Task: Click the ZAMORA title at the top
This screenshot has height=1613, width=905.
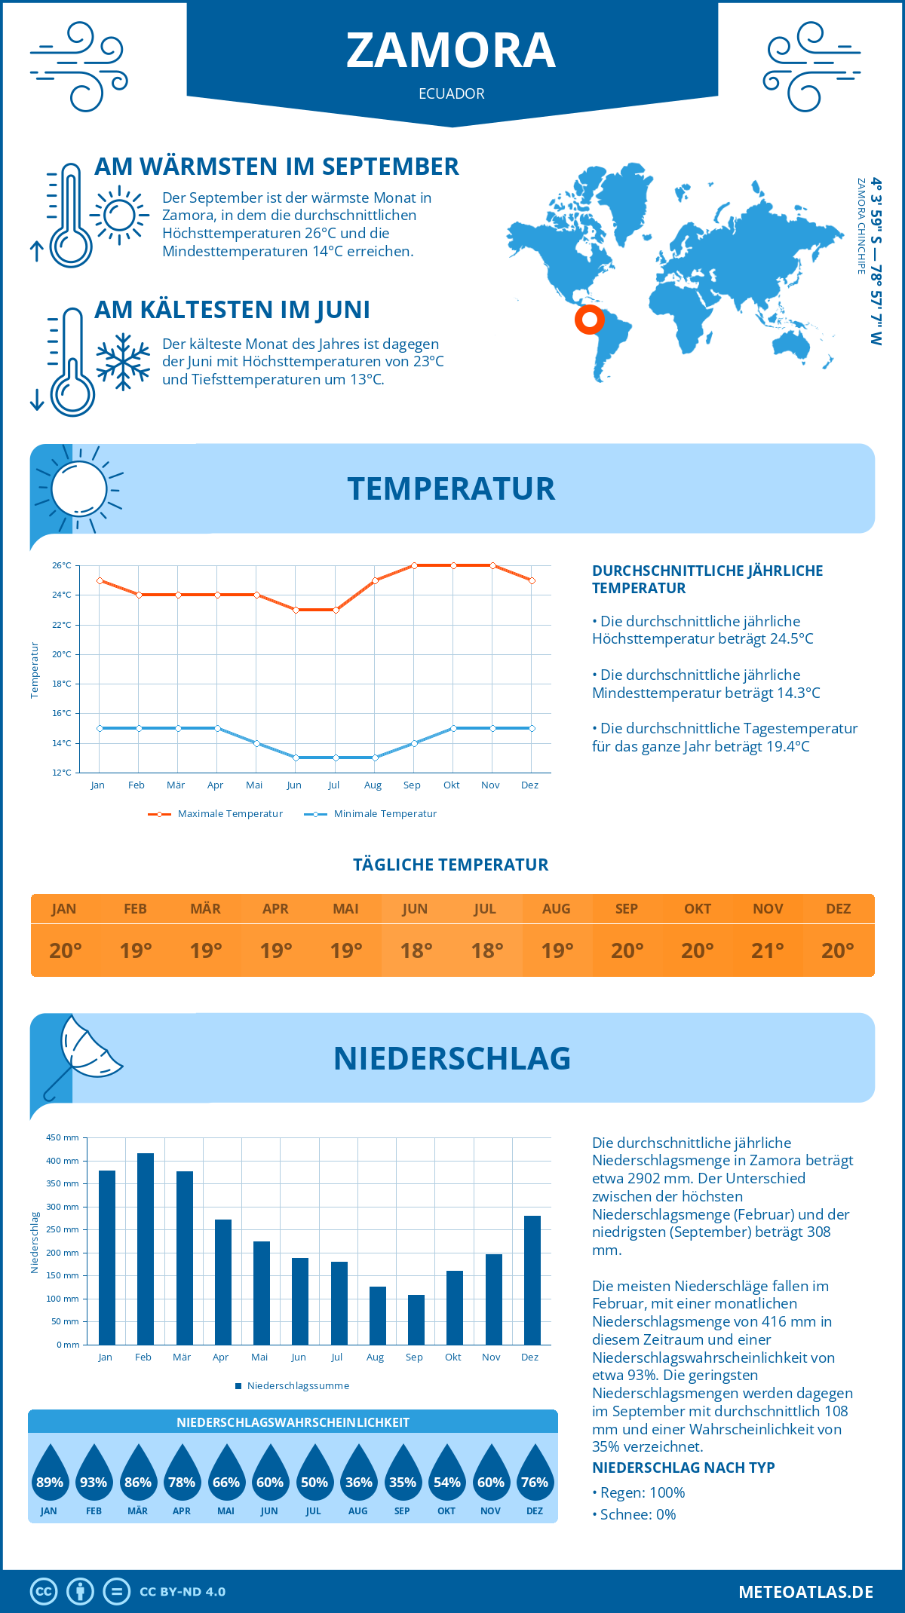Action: click(451, 51)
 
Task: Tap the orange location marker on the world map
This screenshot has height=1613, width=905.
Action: click(589, 320)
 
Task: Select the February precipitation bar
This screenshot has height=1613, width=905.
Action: click(145, 1248)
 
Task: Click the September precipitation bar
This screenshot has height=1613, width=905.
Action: click(416, 1319)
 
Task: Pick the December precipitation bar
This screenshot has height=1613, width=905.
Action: click(532, 1280)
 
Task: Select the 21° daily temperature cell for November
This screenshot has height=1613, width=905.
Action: click(768, 950)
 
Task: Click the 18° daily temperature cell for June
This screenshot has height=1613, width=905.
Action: click(416, 950)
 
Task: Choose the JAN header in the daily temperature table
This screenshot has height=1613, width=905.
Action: click(64, 909)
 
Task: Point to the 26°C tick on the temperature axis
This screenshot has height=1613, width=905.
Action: click(62, 565)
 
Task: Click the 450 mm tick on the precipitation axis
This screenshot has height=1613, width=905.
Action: click(63, 1137)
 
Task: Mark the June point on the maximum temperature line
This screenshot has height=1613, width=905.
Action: click(296, 610)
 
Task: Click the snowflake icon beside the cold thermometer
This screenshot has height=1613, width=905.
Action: click(123, 362)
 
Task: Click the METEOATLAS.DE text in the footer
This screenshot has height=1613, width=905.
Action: click(805, 1592)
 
